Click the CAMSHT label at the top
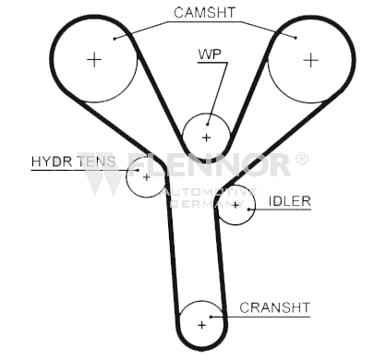204,13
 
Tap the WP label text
210,54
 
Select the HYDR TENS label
74,162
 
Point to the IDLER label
290,201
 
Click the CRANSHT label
274,307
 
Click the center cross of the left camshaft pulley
94,59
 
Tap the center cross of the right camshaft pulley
311,60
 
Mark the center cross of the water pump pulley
206,138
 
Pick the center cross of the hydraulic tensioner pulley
147,177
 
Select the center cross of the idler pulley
235,205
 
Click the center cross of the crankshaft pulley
202,325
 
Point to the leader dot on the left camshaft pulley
115,39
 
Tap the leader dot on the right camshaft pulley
296,38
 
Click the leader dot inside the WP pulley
208,125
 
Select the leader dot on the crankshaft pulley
211,317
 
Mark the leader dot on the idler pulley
248,210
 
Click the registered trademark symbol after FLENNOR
302,159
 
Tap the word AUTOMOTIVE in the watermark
210,193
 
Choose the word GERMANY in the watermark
208,203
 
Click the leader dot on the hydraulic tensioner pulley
138,170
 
